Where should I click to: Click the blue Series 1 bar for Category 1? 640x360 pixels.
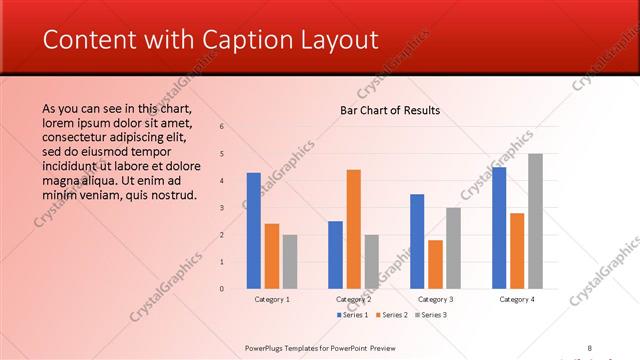[x=254, y=231]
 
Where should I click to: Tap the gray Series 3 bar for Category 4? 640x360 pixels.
[x=535, y=221]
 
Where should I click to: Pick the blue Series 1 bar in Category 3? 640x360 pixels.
[x=417, y=241]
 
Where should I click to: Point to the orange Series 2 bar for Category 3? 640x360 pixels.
[x=435, y=264]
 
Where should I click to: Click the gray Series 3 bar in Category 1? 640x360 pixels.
[x=290, y=262]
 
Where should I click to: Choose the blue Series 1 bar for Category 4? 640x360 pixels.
[x=499, y=228]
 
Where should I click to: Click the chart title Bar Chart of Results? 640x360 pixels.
[x=390, y=110]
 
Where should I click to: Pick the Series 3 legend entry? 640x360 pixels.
[x=429, y=315]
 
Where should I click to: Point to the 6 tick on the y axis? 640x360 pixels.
[x=222, y=127]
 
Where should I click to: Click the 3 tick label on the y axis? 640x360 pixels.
[x=222, y=208]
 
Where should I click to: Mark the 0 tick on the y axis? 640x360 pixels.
[x=222, y=289]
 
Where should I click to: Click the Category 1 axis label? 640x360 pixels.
[x=272, y=299]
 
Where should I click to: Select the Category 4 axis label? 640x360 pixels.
[x=516, y=299]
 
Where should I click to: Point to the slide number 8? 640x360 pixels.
[x=590, y=347]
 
